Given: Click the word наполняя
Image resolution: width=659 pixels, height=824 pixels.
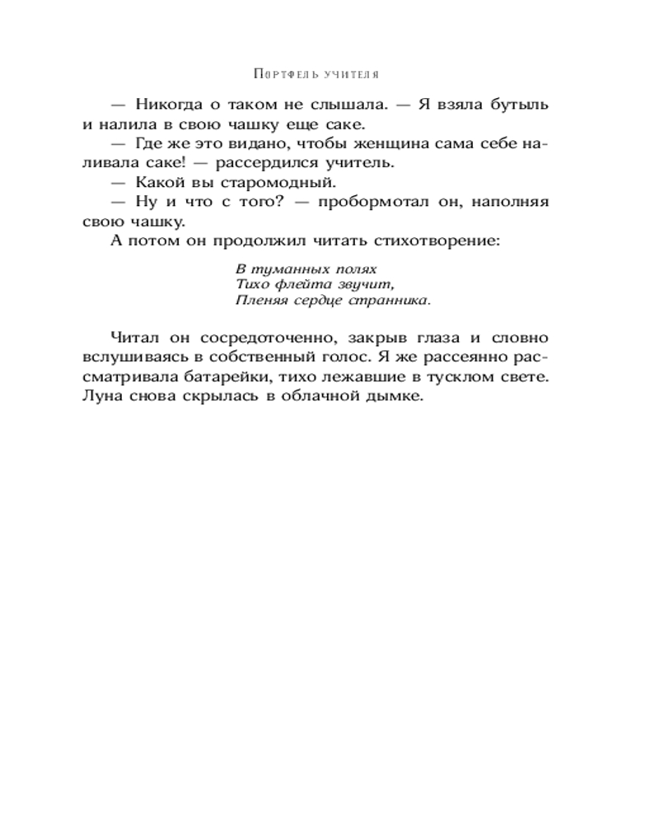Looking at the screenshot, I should [510, 202].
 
